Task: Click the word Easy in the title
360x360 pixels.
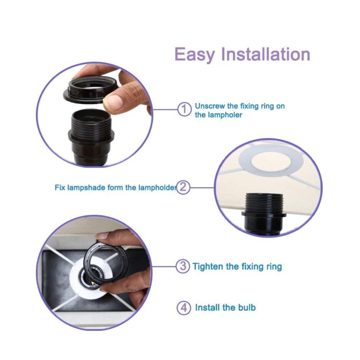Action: pyautogui.click(x=195, y=54)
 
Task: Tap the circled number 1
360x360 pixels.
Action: pyautogui.click(x=184, y=110)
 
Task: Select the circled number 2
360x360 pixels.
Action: pyautogui.click(x=183, y=187)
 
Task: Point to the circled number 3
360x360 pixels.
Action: pyautogui.click(x=183, y=266)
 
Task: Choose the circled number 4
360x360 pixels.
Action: pyautogui.click(x=184, y=308)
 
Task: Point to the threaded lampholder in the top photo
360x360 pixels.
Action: pyautogui.click(x=91, y=137)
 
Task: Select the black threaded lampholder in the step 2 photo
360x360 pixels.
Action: pyautogui.click(x=264, y=213)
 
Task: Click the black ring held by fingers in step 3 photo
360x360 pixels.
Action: pyautogui.click(x=104, y=261)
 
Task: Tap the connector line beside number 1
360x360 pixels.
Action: pyautogui.click(x=165, y=110)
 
